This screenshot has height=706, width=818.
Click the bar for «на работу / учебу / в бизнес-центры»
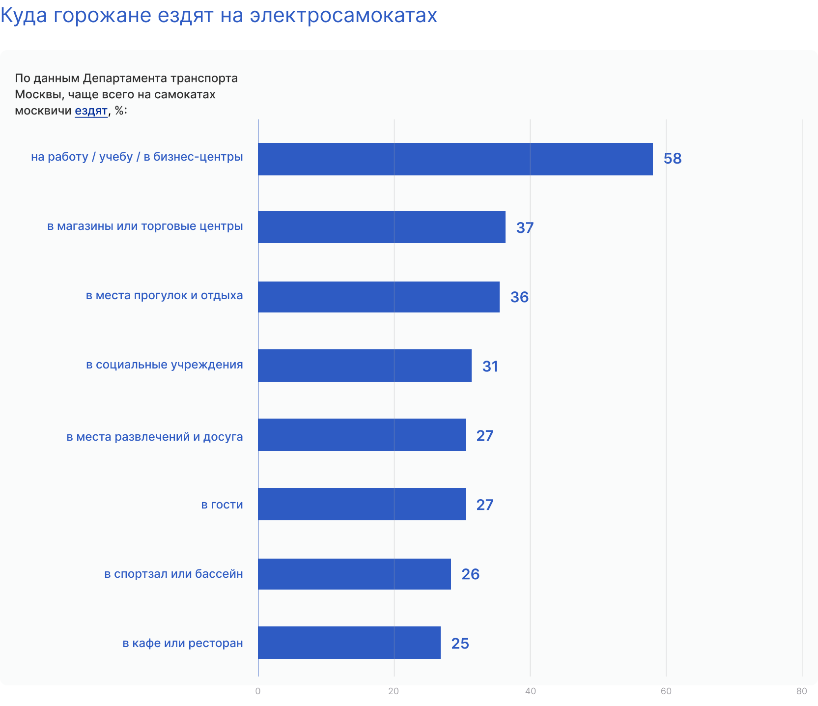[x=455, y=159]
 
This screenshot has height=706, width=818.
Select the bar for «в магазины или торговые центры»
[x=382, y=227]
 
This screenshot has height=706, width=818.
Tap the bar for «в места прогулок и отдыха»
[x=379, y=297]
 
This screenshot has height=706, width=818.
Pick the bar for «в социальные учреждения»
[x=365, y=366]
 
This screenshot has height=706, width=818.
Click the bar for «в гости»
[x=362, y=504]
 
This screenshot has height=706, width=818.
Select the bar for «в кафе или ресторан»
[x=349, y=643]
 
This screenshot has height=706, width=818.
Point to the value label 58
[x=672, y=159]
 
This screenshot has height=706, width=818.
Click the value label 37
[x=524, y=228]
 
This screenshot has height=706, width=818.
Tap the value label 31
[x=490, y=367]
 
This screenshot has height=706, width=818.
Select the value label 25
[x=460, y=644]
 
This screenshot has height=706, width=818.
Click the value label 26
[x=470, y=574]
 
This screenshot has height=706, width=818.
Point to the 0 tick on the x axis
[x=258, y=691]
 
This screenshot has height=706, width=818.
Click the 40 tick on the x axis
[x=530, y=691]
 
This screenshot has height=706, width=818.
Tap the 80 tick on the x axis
[x=801, y=691]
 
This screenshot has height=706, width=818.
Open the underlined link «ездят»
[x=91, y=111]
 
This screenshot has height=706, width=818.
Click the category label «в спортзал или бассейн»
[x=173, y=574]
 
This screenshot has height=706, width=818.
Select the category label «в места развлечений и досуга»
[x=155, y=437]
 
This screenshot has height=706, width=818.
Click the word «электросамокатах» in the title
[x=343, y=15]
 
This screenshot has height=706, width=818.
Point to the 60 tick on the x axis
[x=666, y=691]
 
